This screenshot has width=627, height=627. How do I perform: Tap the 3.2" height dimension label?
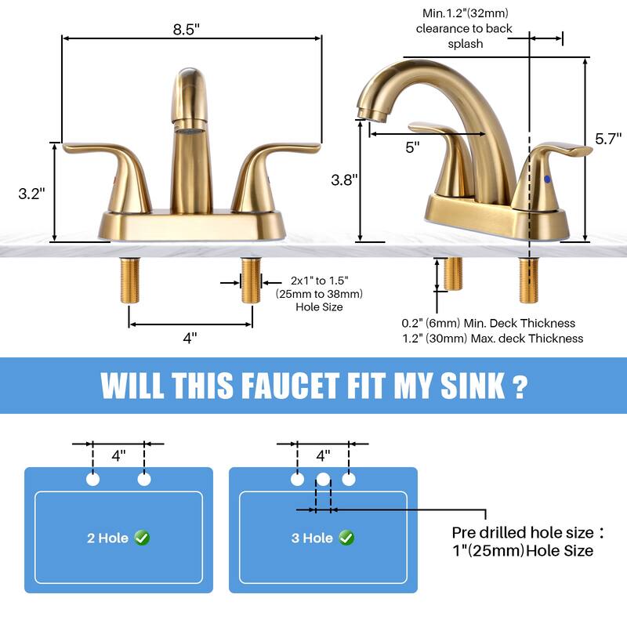point(31,194)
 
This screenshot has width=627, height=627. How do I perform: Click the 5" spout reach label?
point(412,147)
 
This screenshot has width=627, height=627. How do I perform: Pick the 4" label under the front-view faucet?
point(190,338)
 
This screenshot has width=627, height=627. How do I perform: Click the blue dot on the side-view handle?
point(546,180)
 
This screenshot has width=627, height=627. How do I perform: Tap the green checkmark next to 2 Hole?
point(142,538)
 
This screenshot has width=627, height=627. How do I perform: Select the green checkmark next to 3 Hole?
point(346,538)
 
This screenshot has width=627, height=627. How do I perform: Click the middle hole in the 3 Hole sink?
point(323,479)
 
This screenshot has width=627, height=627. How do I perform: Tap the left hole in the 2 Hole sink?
point(93,479)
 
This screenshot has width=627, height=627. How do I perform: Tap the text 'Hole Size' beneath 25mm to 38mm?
point(319,307)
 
